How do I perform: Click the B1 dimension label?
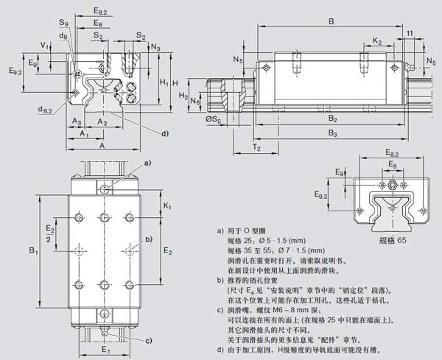[33, 252]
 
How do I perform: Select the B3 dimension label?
[332, 133]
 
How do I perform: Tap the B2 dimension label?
[332, 119]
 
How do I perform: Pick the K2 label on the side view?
[377, 40]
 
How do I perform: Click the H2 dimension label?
[183, 96]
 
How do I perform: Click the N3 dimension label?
[155, 47]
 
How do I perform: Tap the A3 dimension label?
[76, 121]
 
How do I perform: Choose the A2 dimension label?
[102, 121]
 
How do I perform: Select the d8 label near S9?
[64, 36]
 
